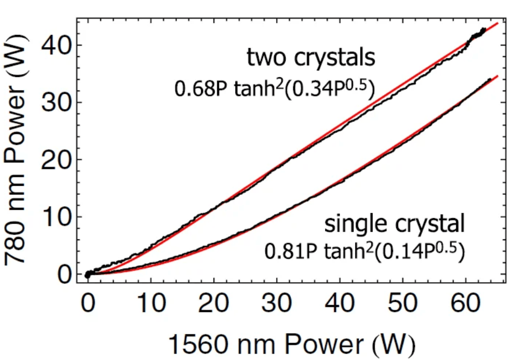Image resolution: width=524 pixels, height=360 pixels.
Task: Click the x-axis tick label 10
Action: pyautogui.click(x=150, y=305)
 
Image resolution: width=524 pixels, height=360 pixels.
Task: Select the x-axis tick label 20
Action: pyautogui.click(x=214, y=305)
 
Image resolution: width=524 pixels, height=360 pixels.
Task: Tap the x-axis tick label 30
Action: pyautogui.click(x=277, y=305)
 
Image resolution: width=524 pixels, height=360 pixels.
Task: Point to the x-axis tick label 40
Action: pyautogui.click(x=340, y=305)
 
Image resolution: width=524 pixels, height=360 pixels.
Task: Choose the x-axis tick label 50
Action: pyautogui.click(x=403, y=305)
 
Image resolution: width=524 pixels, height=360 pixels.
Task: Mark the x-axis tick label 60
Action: pyautogui.click(x=465, y=305)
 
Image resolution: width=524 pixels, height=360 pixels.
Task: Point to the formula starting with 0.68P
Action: pyautogui.click(x=274, y=88)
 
